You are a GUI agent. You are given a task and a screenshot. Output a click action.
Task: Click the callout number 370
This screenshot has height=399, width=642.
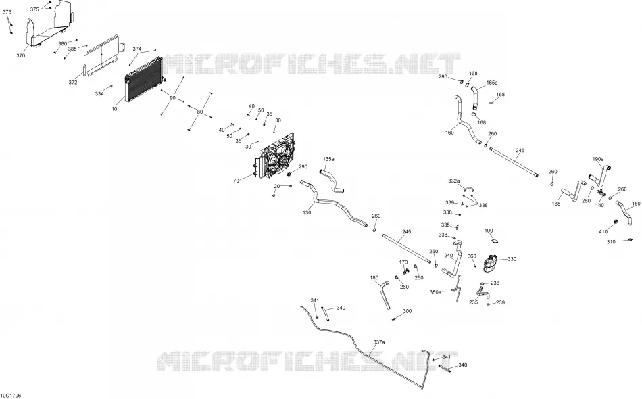(x=20, y=55)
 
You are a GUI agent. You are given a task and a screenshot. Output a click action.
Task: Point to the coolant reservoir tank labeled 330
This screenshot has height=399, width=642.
(x=490, y=262)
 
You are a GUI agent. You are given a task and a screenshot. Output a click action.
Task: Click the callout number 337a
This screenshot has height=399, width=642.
(x=378, y=342)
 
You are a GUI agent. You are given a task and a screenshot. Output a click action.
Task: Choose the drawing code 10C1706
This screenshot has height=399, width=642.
(x=11, y=396)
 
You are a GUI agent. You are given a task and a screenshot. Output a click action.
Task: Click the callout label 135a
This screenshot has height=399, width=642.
(x=329, y=158)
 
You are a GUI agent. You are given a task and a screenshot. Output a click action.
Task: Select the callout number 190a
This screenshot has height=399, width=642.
(x=598, y=158)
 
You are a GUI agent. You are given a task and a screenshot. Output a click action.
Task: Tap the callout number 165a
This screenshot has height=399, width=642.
(x=492, y=83)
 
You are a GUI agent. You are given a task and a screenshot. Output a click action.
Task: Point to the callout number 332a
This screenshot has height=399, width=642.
(x=453, y=181)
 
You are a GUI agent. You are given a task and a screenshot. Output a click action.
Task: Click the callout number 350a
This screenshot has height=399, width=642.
(x=435, y=292)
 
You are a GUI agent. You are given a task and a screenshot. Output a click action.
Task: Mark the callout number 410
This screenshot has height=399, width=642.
(x=603, y=232)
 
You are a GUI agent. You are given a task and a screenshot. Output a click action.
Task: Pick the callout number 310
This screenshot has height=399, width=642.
(x=612, y=242)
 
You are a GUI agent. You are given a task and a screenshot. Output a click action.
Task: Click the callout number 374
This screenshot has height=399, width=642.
(x=137, y=49)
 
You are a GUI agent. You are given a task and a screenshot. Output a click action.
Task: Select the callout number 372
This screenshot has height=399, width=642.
(x=73, y=83)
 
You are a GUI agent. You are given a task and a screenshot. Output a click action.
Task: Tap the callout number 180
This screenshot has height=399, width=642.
(x=374, y=278)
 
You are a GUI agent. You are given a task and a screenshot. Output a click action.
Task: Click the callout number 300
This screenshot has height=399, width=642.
(x=407, y=311)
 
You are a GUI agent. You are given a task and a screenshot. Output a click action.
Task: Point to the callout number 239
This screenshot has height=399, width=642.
(x=500, y=302)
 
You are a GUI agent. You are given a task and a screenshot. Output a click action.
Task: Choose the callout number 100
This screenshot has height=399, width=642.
(x=489, y=231)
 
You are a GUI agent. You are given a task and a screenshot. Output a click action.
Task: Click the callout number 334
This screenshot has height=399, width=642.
(x=99, y=94)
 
